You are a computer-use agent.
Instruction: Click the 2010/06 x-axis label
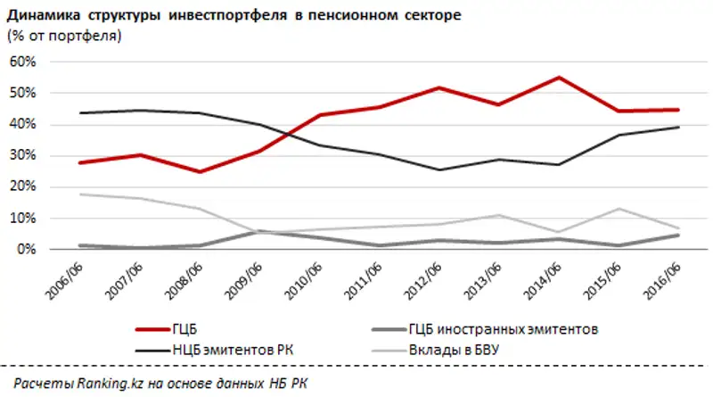[299, 276]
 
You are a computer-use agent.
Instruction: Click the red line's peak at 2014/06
[558, 78]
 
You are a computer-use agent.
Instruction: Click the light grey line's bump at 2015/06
[619, 209]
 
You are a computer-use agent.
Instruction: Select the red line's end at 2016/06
[678, 110]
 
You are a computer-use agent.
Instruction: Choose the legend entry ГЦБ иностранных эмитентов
[503, 328]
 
